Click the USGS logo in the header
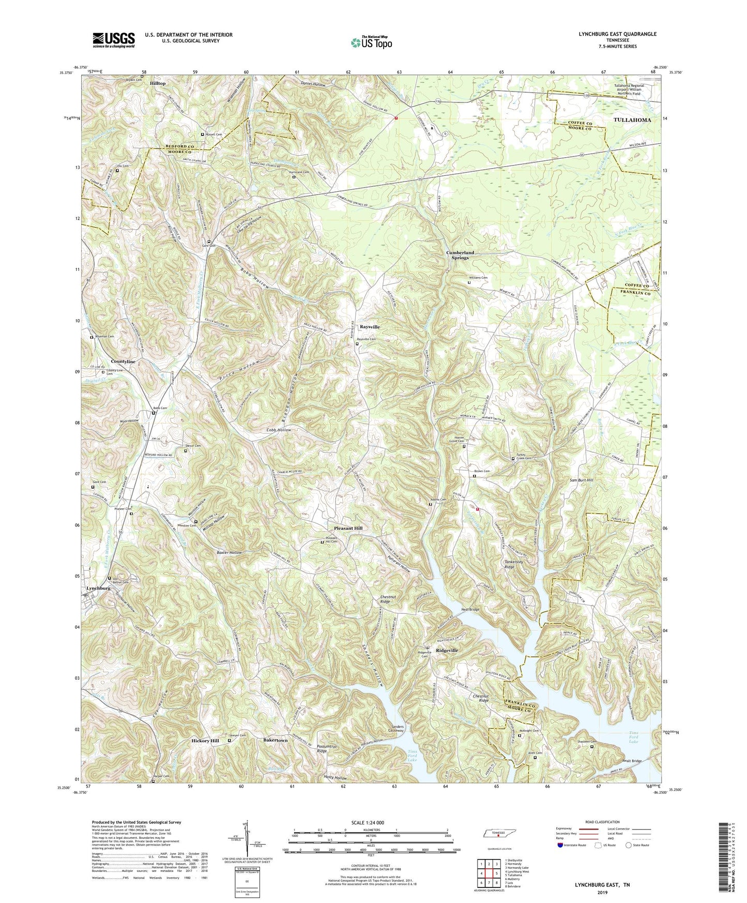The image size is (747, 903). (114, 40)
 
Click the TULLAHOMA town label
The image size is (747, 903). (632, 119)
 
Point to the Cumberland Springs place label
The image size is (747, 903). (460, 255)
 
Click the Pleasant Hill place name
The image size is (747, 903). (348, 529)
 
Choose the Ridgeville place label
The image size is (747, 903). (447, 650)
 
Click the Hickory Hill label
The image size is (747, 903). (205, 741)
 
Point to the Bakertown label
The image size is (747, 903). (276, 741)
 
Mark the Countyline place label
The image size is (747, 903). (123, 362)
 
